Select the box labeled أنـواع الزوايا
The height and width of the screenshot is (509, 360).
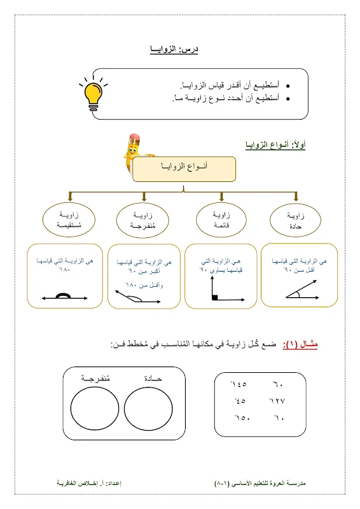pos(184,169)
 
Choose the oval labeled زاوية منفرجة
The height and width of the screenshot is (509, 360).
pos(144,220)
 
